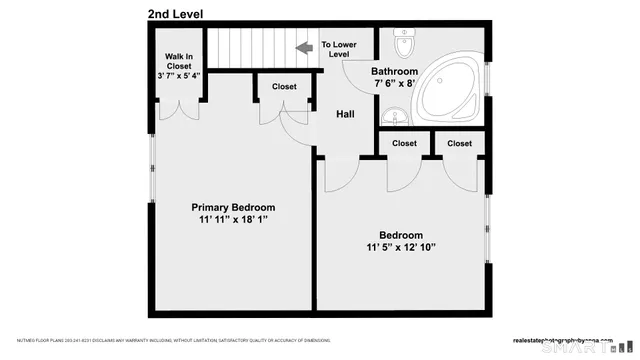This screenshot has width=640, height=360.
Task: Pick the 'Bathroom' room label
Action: pyautogui.click(x=394, y=72)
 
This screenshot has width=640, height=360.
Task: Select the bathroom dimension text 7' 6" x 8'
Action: pyautogui.click(x=393, y=85)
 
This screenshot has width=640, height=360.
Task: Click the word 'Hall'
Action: pyautogui.click(x=345, y=115)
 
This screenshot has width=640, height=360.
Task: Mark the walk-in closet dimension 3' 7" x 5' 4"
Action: pyautogui.click(x=180, y=76)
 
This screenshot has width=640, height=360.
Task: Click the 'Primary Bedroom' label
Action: pyautogui.click(x=232, y=207)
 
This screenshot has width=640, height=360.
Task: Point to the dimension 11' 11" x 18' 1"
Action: pyautogui.click(x=232, y=220)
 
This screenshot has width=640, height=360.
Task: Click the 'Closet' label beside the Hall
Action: pyautogui.click(x=285, y=87)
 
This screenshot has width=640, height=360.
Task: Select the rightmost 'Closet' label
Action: pyautogui.click(x=459, y=144)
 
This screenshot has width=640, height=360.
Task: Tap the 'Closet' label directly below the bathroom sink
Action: pyautogui.click(x=404, y=144)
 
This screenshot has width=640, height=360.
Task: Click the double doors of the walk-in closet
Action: pyautogui.click(x=180, y=105)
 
